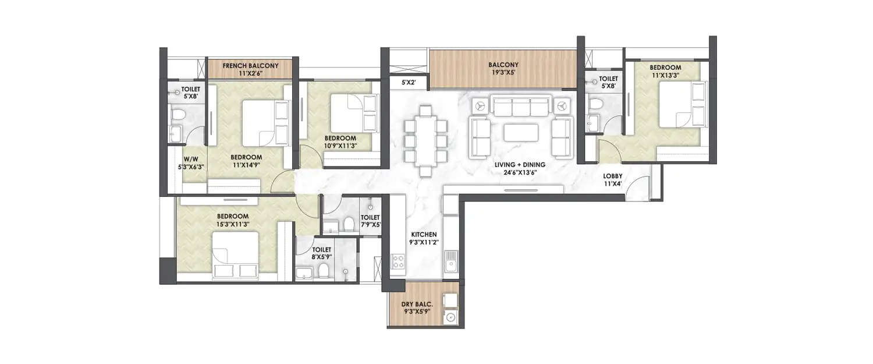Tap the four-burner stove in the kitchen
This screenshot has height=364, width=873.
398,262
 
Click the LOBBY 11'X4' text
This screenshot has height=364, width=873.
612,180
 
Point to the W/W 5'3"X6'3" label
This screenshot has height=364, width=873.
191,162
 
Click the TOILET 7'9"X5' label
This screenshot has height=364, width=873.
370,220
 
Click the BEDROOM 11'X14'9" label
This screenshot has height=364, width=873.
246,161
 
